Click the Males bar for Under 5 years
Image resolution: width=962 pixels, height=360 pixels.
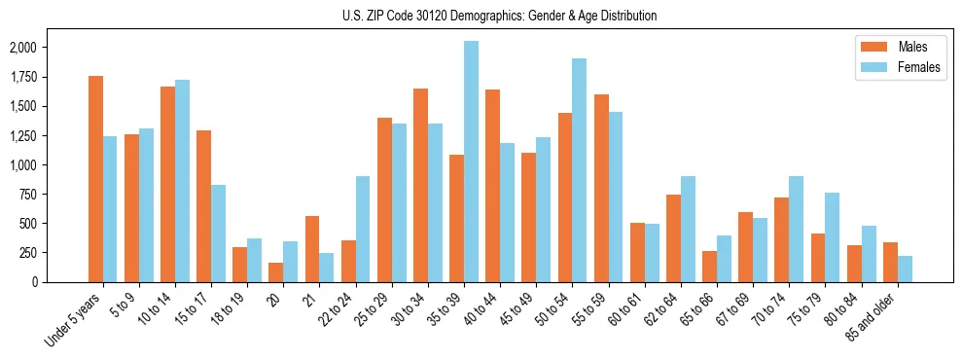click(x=95, y=179)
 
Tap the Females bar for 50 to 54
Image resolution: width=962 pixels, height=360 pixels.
click(x=579, y=170)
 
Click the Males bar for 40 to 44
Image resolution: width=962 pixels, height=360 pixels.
click(x=492, y=186)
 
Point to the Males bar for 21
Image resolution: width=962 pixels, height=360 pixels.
click(x=312, y=249)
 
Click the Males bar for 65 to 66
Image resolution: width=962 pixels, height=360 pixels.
click(x=709, y=267)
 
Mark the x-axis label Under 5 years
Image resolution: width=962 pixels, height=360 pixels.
click(x=74, y=320)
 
